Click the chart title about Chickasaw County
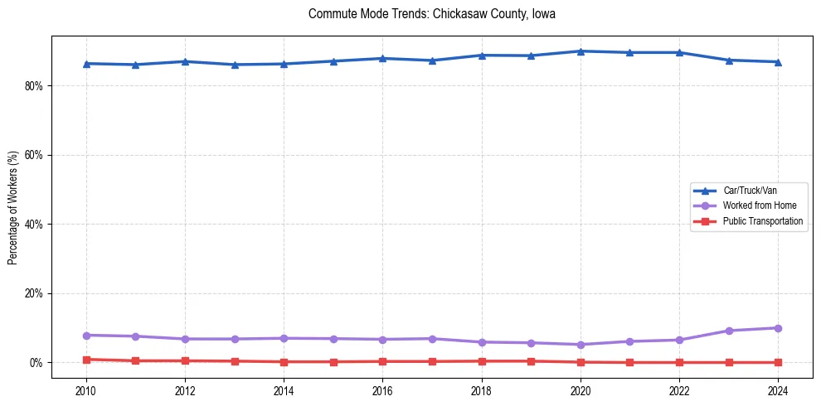coord(431,14)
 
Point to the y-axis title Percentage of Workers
coord(12,207)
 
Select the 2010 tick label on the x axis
coord(85,389)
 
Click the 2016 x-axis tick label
coord(382,389)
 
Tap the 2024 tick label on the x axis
coord(778,389)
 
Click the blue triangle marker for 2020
coord(581,51)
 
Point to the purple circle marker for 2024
coord(778,328)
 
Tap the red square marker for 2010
coord(85,360)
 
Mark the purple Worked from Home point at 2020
coord(581,345)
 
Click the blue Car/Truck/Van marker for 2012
coord(185,61)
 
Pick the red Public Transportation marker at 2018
coord(481,361)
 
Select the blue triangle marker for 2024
coord(778,62)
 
